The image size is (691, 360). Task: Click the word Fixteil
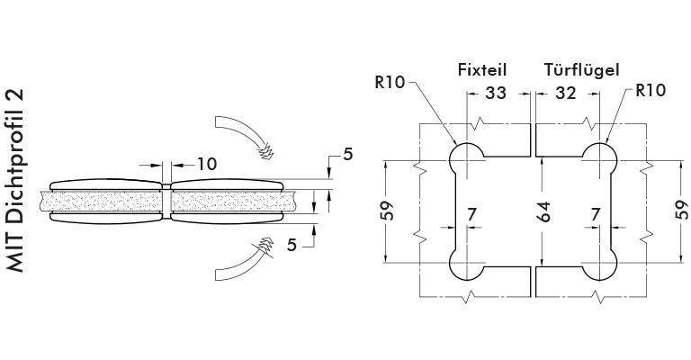click(x=482, y=69)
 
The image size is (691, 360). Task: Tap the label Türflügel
click(x=582, y=69)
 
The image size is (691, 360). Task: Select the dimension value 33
click(x=496, y=93)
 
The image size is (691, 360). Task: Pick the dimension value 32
click(x=565, y=93)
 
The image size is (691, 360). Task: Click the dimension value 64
click(x=544, y=211)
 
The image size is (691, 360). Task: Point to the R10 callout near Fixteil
click(x=390, y=83)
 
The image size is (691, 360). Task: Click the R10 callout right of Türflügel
click(x=651, y=90)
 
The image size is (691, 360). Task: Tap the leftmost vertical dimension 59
click(x=387, y=211)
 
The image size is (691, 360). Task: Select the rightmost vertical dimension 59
click(x=682, y=210)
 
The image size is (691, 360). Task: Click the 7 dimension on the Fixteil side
click(x=471, y=214)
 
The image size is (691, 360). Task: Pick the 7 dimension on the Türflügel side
click(x=596, y=214)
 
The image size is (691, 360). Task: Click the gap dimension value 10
click(x=207, y=165)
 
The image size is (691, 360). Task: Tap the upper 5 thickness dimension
click(x=348, y=154)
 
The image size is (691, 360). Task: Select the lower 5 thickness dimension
click(x=292, y=245)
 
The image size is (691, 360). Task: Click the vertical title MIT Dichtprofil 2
click(x=15, y=181)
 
